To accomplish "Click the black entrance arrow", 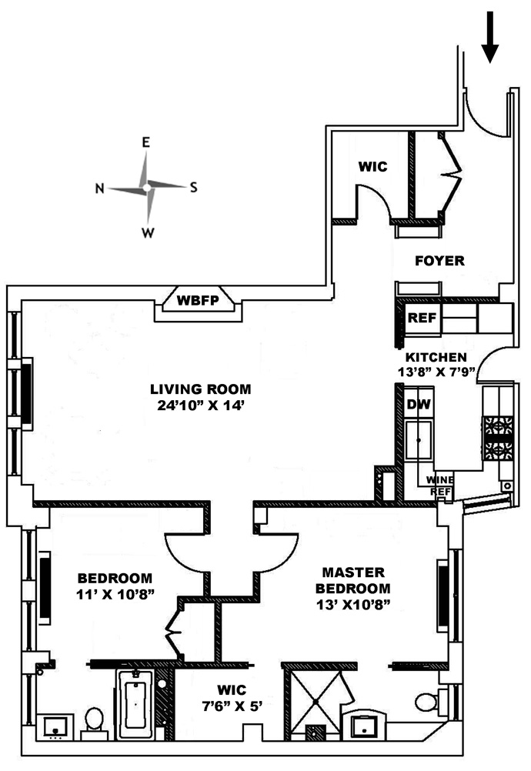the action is [489, 38].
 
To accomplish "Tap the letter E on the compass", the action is [146, 142].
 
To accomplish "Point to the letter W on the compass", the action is [148, 232].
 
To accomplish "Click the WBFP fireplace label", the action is [198, 300].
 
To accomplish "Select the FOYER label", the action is [439, 261].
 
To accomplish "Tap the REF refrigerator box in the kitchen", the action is [422, 318].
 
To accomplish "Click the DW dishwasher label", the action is [419, 404].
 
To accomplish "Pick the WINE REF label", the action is [440, 486].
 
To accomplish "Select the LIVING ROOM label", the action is [201, 389].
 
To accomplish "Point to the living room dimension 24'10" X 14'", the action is [201, 406].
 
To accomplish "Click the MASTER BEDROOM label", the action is [353, 580].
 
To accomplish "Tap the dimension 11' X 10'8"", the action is [115, 595].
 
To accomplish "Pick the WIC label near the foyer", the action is [372, 167].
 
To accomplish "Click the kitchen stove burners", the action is [499, 438].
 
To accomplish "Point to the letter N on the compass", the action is [100, 189].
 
